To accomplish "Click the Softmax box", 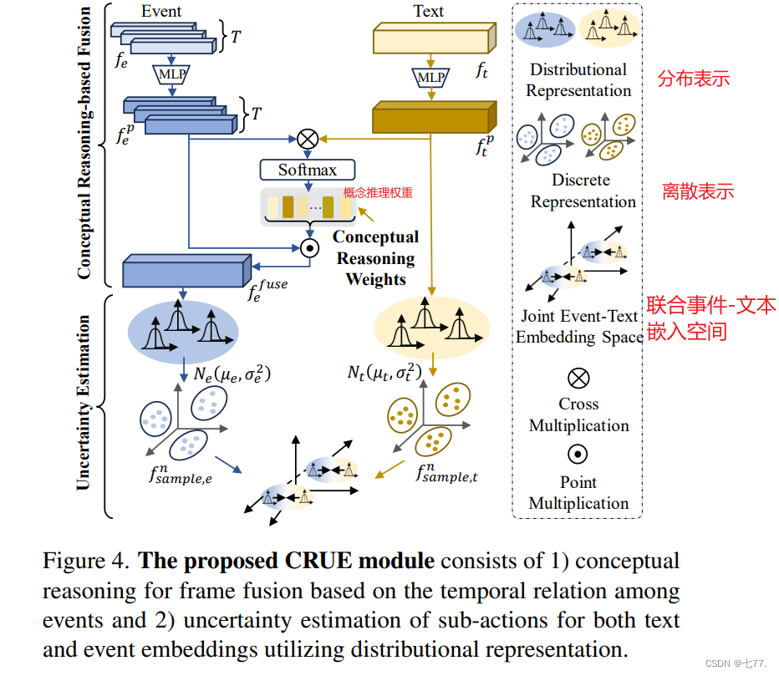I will tap(308, 170).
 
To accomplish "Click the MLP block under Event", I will tap(171, 75).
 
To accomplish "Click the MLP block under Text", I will tap(431, 78).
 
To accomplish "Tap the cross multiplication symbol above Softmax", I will tap(308, 139).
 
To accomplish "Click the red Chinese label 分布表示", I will tap(694, 79).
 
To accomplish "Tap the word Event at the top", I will tap(162, 12).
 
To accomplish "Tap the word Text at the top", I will tap(428, 12).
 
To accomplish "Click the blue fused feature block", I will tap(186, 272).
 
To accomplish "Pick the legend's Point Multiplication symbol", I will tap(578, 454).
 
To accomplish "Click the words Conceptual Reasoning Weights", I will tap(375, 258).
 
